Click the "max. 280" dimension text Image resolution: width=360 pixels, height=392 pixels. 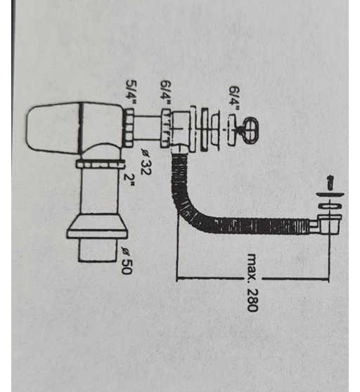252,282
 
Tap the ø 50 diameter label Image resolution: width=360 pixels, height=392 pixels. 126,261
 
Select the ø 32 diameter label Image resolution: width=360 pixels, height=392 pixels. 146,162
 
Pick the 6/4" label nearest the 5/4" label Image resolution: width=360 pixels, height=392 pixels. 166,93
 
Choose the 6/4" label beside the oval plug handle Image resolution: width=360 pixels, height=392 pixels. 233,99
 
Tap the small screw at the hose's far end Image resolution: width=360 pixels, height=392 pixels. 330,183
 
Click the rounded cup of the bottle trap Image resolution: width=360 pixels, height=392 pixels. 53,128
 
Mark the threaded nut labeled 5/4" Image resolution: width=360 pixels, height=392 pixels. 129,128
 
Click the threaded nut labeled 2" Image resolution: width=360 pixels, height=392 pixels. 100,164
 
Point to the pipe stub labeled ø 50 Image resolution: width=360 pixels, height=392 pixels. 98,250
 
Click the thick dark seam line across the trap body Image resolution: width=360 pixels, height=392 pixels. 81,128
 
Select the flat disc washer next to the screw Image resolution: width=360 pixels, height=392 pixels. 330,195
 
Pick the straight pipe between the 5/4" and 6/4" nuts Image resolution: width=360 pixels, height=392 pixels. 147,128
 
